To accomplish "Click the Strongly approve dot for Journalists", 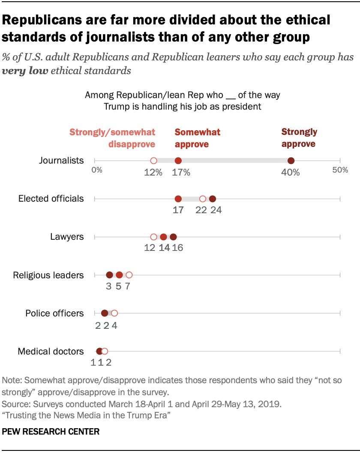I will click(291, 161).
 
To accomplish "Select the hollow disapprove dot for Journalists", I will click(153, 161).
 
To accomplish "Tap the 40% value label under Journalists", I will click(291, 173).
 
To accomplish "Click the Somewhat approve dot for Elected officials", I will click(178, 199).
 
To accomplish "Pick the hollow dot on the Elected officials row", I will click(203, 199).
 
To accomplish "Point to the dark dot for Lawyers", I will click(173, 237).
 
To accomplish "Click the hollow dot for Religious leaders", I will click(129, 275).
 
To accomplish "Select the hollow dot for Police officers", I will click(114, 313).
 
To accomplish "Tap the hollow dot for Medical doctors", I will click(105, 351).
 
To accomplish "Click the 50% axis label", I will click(340, 170).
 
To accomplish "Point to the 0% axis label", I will click(97, 170).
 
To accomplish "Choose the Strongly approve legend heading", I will click(299, 137).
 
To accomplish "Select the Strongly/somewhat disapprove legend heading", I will click(112, 138).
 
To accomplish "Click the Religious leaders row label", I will click(48, 275).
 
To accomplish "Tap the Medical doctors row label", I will click(51, 352).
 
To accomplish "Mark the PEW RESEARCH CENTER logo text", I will click(51, 432).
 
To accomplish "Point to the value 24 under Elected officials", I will click(216, 210).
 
